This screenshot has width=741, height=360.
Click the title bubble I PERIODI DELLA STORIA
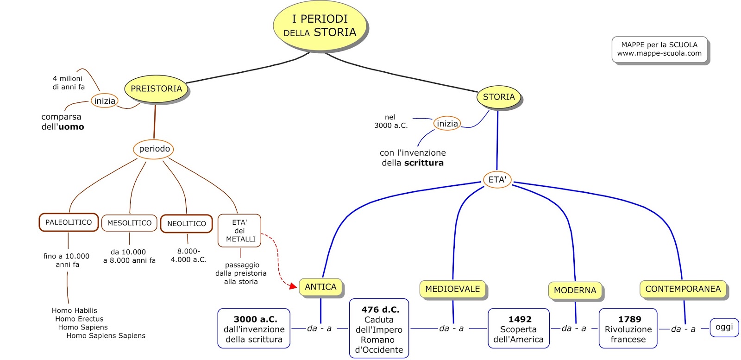coord(320,26)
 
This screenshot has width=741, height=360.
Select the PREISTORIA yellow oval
coord(156,88)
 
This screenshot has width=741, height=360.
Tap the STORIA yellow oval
coord(498,97)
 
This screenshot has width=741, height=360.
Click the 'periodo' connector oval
coord(154,149)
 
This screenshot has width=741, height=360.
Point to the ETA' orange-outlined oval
coord(497,180)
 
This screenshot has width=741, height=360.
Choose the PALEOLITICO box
coord(69,222)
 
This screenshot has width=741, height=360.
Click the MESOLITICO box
coord(129,223)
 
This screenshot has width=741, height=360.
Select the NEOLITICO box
coord(187,224)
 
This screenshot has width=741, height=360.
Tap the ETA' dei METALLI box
coord(239,231)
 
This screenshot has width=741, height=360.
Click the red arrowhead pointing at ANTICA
coord(293,286)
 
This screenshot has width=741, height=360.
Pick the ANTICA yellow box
coord(320,287)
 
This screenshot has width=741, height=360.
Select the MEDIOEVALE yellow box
coord(452,289)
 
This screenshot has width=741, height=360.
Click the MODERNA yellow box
coord(575,290)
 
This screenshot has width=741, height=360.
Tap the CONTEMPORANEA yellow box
coord(683,289)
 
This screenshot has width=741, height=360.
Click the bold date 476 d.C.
coord(380,309)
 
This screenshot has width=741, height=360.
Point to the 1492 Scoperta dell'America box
coord(519,328)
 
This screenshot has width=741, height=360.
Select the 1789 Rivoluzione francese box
coord(628,328)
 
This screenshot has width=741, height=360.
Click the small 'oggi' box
coord(724,327)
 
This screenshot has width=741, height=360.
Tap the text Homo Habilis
coord(75,310)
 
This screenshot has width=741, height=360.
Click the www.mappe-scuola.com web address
coord(659,53)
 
